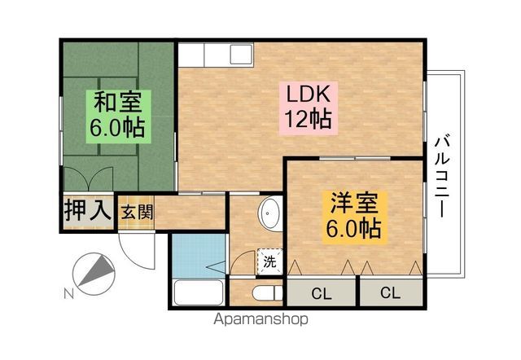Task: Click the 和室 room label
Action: click(x=118, y=103)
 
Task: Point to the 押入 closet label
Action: click(x=87, y=210)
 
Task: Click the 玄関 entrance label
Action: click(x=138, y=212)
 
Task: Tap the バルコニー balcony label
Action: click(x=444, y=175)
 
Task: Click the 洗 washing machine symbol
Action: click(x=269, y=261)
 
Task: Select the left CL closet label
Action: click(x=321, y=292)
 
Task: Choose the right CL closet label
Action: click(x=390, y=292)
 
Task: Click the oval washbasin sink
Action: click(x=269, y=215)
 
